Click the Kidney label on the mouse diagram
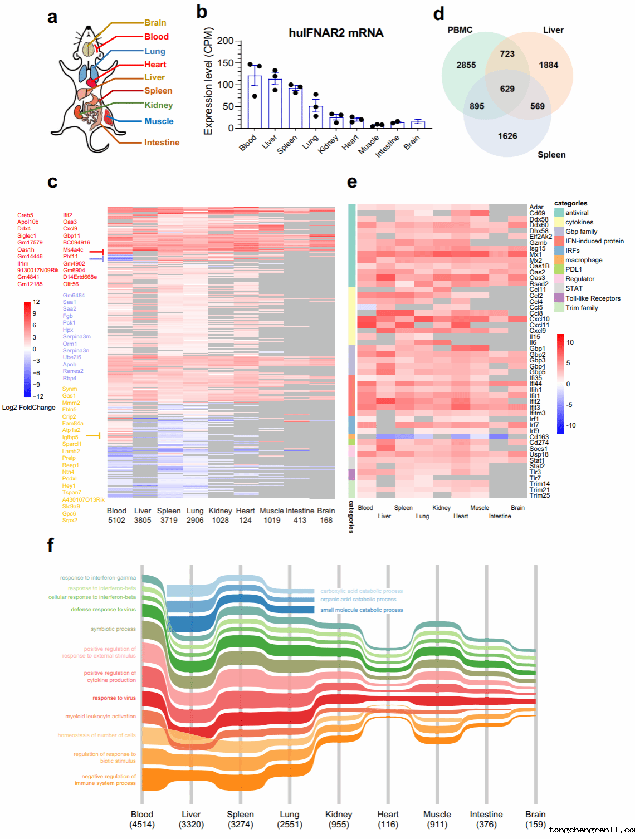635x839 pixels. (159, 105)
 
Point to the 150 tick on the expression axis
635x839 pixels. (226, 63)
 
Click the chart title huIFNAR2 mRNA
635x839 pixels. (336, 33)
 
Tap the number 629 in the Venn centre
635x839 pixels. (507, 89)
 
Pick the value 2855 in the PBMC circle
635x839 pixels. (466, 65)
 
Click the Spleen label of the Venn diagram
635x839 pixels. (551, 155)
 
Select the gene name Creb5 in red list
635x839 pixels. (25, 215)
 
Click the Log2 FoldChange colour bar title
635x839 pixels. (29, 408)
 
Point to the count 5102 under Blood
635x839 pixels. (116, 520)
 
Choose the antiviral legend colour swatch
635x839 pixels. (559, 213)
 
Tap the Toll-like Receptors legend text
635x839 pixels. (593, 298)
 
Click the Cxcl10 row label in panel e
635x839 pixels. (539, 320)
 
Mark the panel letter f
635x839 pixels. (51, 545)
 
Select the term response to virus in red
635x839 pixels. (114, 698)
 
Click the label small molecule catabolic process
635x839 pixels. (362, 610)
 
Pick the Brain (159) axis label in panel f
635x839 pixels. (535, 819)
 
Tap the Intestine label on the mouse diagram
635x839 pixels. (162, 143)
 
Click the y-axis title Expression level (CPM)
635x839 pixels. (208, 82)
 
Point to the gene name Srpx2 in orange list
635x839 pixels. (70, 520)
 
